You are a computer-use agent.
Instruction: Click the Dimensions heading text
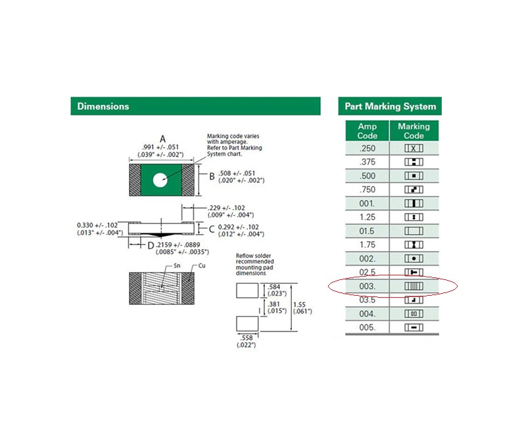tap(103, 106)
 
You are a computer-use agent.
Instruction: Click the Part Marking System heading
tap(391, 106)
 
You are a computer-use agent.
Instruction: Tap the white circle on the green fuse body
tap(160, 180)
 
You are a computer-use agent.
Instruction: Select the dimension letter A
tap(162, 139)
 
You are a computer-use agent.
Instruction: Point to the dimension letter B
tap(212, 176)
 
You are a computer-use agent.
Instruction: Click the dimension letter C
tap(212, 229)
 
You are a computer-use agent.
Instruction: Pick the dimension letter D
tap(151, 246)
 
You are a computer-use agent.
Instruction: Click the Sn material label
tap(177, 266)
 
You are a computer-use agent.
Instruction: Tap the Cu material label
tap(202, 266)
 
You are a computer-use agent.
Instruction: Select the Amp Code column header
tap(368, 131)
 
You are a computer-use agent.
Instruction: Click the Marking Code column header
tap(414, 131)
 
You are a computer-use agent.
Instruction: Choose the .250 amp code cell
tap(368, 149)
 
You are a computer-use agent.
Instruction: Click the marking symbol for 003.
tap(414, 286)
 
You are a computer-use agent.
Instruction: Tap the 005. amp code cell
tap(368, 327)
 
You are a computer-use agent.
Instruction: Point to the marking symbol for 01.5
tap(414, 231)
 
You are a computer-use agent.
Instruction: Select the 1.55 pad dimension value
tap(299, 304)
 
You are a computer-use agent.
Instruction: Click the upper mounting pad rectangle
tap(247, 290)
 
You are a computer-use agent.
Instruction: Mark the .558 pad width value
tap(247, 338)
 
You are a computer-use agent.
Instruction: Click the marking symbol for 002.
tap(414, 258)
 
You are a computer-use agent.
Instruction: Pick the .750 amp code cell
tap(368, 189)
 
